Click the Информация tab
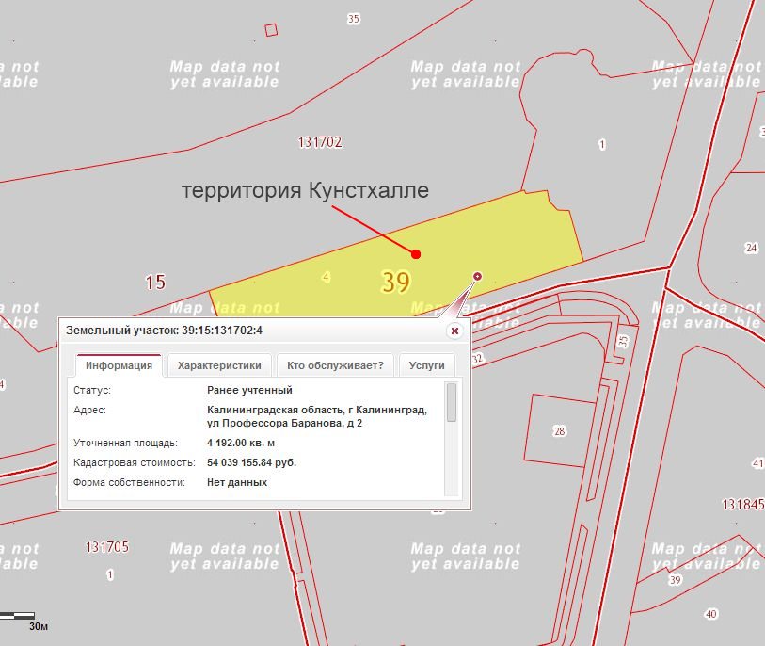pos(119,365)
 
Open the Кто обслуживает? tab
pos(335,365)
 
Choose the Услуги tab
pos(426,365)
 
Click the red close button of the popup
pos(454,331)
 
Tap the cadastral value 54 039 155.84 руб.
pos(252,462)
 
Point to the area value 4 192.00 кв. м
pos(241,443)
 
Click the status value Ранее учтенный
pos(249,390)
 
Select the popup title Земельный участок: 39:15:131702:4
pos(164,331)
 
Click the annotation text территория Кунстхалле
pos(305,191)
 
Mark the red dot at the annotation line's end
pos(416,253)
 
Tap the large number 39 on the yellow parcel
pos(396,281)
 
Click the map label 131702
pos(319,142)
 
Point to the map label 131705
pos(106,546)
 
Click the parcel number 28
pos(560,431)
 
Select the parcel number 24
pos(750,249)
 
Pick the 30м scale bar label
pos(39,625)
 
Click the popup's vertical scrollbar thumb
pos(452,402)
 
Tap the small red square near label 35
pos(271,29)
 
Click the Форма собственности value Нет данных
pos(237,482)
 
